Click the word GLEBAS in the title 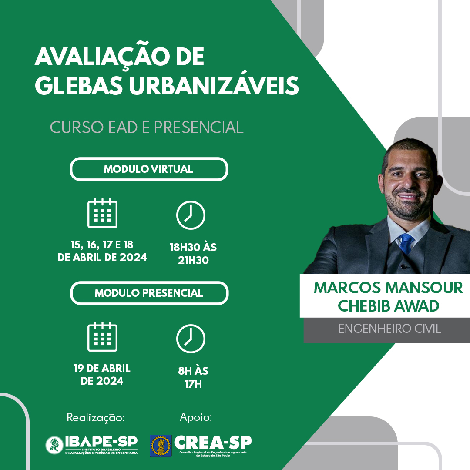click(79, 85)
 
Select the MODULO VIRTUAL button click(149, 169)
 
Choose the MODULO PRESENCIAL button click(149, 293)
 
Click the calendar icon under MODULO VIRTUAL click(103, 213)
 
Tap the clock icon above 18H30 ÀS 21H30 click(191, 215)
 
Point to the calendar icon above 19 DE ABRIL click(103, 336)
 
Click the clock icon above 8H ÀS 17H click(191, 339)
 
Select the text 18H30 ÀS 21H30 click(193, 254)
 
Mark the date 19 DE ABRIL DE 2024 click(102, 374)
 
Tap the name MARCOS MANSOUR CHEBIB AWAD click(388, 297)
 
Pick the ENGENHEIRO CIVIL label click(389, 329)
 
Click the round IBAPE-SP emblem click(54, 445)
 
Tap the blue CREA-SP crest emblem click(161, 446)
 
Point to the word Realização click(96, 417)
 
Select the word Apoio click(196, 417)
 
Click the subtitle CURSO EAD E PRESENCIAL click(147, 128)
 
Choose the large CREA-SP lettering click(213, 443)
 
